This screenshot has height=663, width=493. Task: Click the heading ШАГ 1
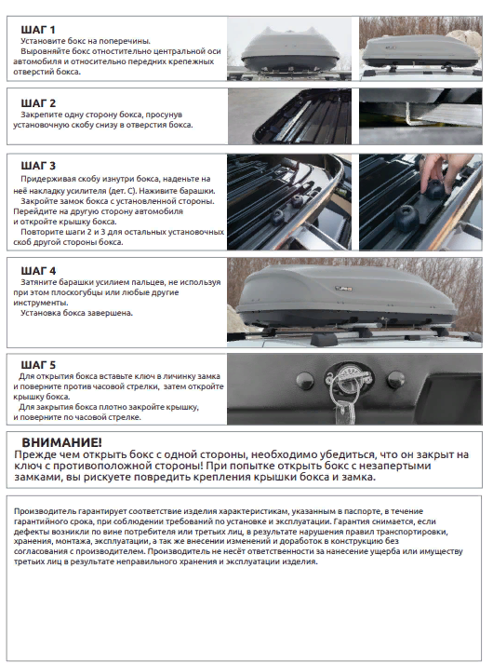(38, 30)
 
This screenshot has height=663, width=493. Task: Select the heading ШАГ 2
(38, 103)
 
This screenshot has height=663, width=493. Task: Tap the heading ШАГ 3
(38, 166)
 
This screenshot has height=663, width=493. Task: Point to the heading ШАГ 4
(38, 271)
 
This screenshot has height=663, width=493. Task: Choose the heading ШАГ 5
(38, 365)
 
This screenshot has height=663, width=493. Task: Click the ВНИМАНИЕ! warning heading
(61, 442)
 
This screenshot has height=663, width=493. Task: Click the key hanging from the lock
(342, 413)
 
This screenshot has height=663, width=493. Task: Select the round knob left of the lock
(304, 381)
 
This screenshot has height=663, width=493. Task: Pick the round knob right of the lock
(396, 379)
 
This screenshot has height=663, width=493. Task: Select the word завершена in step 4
(113, 313)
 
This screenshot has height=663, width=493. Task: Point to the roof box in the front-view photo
(290, 50)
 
